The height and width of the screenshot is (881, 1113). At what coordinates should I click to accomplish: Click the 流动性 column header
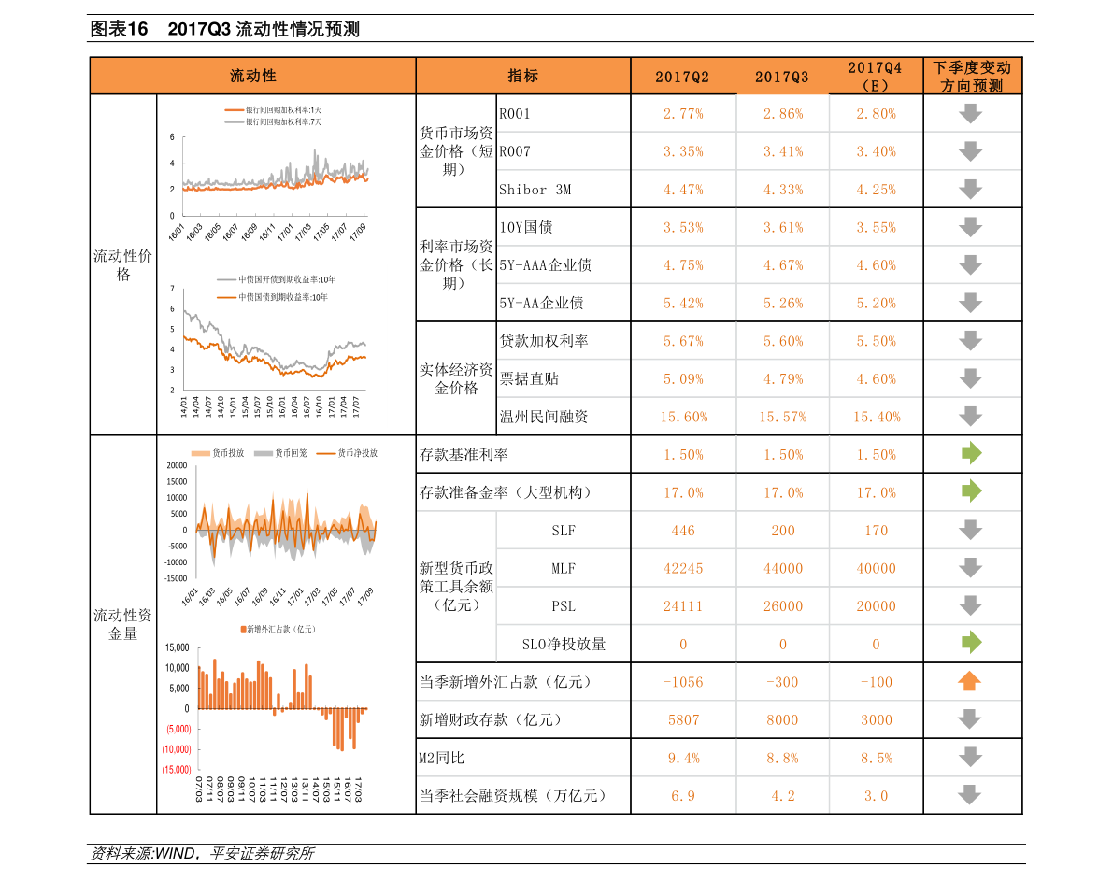pos(253,77)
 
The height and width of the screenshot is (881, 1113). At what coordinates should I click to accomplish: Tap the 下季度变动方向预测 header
pos(972,77)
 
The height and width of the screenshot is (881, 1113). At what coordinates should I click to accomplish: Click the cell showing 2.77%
pos(683,114)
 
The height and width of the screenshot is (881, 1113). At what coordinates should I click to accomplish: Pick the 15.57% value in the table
pos(782,418)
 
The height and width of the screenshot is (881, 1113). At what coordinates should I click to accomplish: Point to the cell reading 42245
pos(683,569)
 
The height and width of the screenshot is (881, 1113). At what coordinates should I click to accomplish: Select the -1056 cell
pos(683,682)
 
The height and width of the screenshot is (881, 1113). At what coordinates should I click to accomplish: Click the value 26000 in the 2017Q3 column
pos(782,606)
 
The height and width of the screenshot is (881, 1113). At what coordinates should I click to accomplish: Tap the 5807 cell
pos(683,720)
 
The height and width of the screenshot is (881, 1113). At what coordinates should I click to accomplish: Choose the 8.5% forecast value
pos(876,759)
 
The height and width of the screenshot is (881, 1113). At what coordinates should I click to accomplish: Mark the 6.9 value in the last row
pos(683,796)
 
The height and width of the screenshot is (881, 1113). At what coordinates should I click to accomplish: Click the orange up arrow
pos(970,681)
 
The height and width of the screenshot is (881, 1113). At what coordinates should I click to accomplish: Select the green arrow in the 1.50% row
pos(972,454)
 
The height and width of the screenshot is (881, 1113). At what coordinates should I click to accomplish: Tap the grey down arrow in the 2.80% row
pos(971,114)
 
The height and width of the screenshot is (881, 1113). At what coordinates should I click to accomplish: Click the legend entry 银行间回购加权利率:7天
pos(283,121)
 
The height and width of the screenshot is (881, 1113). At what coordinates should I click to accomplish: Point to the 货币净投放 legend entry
pos(357,453)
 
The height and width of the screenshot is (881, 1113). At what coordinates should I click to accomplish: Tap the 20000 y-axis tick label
pos(177,465)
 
